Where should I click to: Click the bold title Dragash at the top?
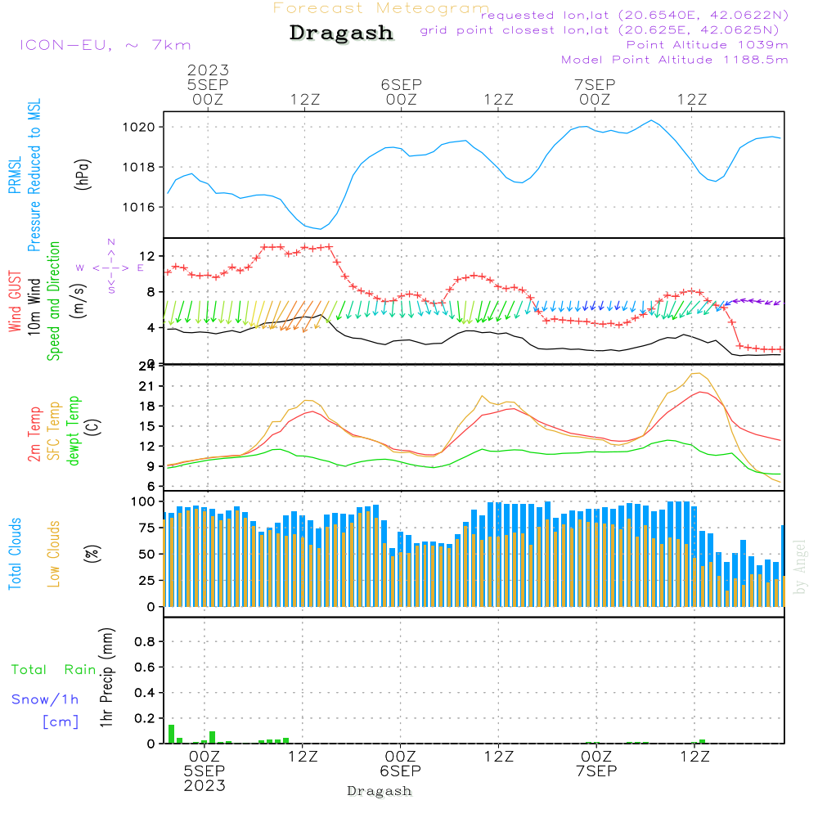[x=341, y=34]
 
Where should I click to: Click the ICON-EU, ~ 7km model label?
[x=105, y=45]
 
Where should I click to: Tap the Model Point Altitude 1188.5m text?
[x=675, y=60]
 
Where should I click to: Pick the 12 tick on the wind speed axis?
[x=149, y=255]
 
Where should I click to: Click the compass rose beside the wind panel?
[x=110, y=267]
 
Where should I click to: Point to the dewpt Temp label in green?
[x=74, y=432]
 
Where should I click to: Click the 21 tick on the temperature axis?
[x=149, y=386]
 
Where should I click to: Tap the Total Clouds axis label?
[x=15, y=554]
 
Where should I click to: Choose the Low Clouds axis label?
[x=54, y=554]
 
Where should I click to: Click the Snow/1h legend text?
[x=45, y=699]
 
